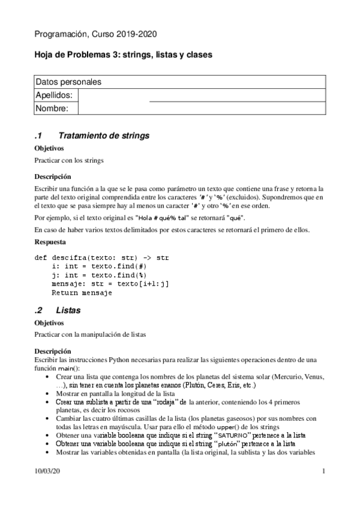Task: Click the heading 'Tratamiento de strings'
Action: (x=102, y=136)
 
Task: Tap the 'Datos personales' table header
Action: (x=68, y=82)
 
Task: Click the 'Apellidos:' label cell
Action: (x=54, y=95)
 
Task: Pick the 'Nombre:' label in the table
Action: (x=52, y=109)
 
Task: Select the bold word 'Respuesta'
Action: (x=51, y=242)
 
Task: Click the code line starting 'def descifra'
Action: (x=102, y=258)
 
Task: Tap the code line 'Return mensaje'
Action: (x=82, y=294)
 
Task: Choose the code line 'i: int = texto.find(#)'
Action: (x=99, y=267)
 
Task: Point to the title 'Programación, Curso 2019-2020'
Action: (x=96, y=35)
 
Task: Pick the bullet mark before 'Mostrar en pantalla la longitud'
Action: (x=48, y=393)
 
